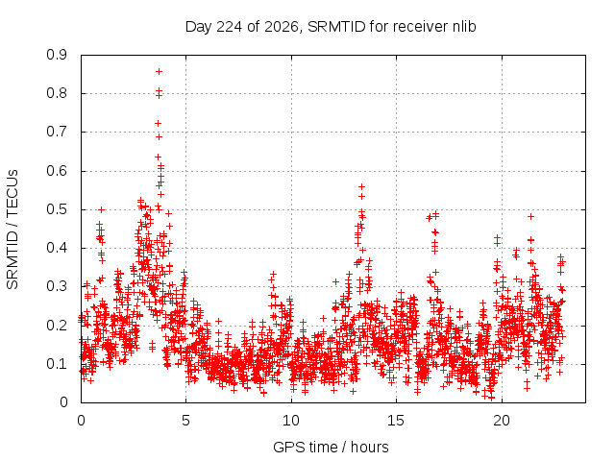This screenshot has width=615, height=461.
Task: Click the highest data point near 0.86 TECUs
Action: click(x=159, y=72)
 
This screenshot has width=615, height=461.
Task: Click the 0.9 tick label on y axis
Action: click(x=57, y=55)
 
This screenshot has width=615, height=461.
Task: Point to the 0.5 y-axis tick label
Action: click(x=57, y=209)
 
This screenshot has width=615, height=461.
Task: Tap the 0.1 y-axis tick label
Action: click(x=57, y=364)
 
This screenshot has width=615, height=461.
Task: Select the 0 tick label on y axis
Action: click(x=63, y=402)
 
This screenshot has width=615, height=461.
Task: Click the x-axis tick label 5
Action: click(x=185, y=421)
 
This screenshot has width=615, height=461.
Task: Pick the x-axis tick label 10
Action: click(x=291, y=421)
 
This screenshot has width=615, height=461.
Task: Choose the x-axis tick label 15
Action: click(x=396, y=421)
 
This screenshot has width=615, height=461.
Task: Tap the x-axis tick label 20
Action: click(x=502, y=421)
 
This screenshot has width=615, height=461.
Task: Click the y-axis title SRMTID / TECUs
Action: click(x=12, y=230)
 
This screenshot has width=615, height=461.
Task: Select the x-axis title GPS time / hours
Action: click(x=331, y=448)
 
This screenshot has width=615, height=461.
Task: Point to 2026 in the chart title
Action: click(x=282, y=27)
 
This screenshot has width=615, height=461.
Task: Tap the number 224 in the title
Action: click(x=230, y=27)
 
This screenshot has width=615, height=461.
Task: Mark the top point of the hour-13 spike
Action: click(x=362, y=187)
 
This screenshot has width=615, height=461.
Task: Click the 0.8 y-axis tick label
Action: click(x=57, y=94)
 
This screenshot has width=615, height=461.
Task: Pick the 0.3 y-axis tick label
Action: click(x=57, y=287)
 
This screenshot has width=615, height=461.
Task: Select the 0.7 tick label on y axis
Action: click(x=57, y=133)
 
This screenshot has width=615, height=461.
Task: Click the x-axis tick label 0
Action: click(x=81, y=421)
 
